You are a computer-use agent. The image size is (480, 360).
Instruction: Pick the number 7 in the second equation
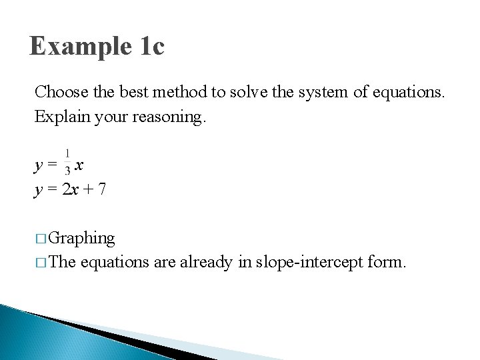(101, 190)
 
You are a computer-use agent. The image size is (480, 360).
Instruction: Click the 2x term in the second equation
(70, 190)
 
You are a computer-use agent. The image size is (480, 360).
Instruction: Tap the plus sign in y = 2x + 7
(87, 190)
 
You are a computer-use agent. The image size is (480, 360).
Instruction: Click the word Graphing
(81, 238)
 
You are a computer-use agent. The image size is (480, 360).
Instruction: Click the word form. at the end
(387, 263)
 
